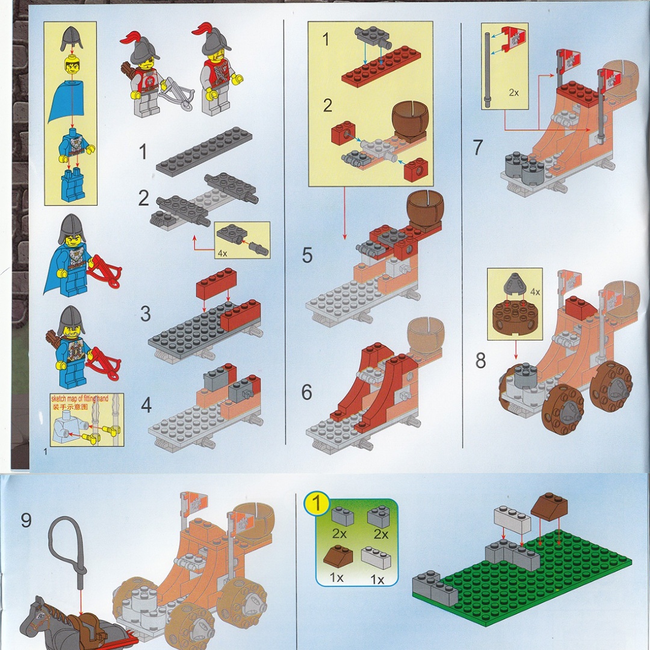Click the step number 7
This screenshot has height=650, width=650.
477,147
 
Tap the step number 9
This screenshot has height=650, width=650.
26,520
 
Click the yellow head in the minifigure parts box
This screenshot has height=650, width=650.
72,66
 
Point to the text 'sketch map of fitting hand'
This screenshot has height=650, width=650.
79,398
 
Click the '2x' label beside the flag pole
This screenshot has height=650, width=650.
513,93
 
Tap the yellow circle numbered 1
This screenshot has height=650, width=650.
317,504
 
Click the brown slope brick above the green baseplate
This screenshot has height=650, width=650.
549,507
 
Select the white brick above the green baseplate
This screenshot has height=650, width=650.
512,519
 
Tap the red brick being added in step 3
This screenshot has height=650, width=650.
217,283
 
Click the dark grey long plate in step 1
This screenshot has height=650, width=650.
204,152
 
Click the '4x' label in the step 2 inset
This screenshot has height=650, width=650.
223,253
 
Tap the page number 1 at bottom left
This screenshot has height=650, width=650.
46,452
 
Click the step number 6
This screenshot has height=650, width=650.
306,392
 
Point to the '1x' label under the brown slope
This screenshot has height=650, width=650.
336,577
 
